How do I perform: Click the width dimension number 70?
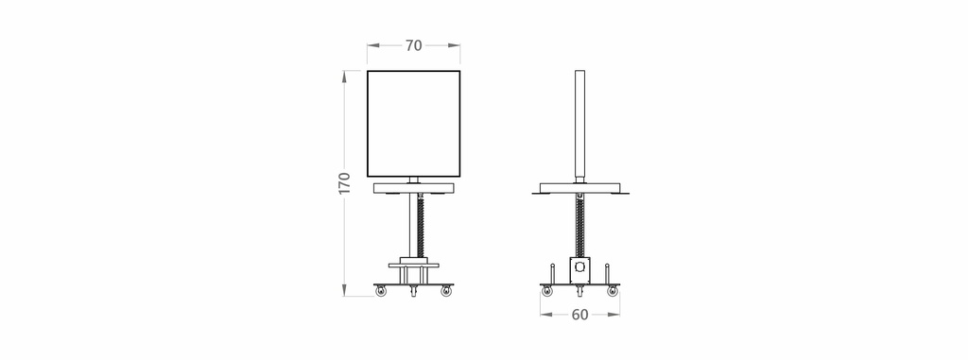[414, 45]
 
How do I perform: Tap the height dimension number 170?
[344, 183]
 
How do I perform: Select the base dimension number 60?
[579, 315]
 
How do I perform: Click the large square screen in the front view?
[414, 124]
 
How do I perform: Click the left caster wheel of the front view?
[381, 291]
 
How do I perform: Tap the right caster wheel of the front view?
[446, 291]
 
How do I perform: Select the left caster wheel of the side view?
[547, 291]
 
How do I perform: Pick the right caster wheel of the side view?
[613, 291]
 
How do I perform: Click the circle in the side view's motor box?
[579, 267]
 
